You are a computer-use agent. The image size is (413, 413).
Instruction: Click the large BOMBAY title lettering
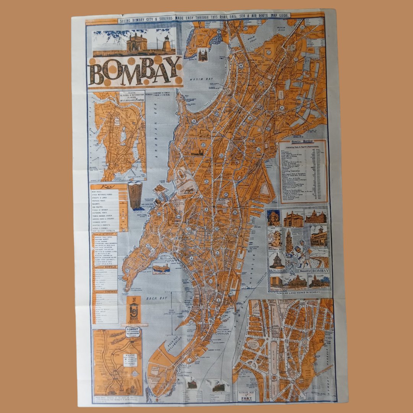135,72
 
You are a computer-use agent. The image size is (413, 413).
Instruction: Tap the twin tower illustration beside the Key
135,195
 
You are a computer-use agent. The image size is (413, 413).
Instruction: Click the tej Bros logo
133,309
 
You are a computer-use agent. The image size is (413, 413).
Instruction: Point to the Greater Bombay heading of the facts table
302,140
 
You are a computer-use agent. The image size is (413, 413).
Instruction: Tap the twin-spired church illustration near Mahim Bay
203,55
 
